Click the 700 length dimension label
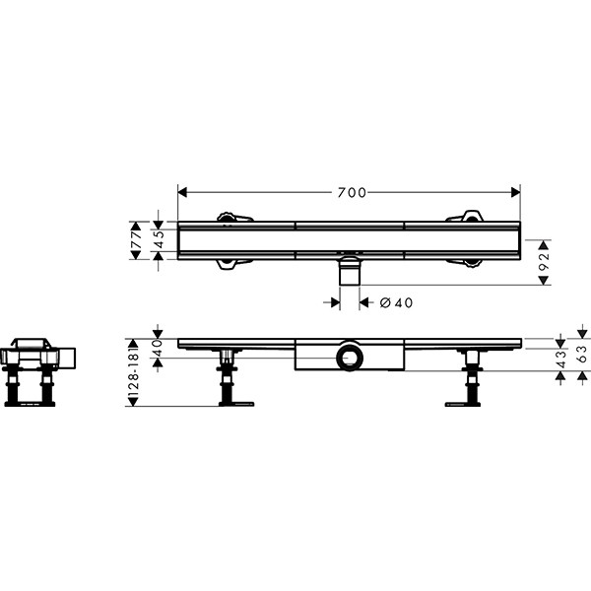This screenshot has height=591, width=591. tap(352, 193)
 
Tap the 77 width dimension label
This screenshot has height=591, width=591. tap(136, 240)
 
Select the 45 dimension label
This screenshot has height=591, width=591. tap(160, 239)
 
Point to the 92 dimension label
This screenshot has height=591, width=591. tap(544, 262)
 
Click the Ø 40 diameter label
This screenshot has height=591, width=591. tap(396, 302)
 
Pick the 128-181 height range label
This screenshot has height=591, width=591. tap(134, 371)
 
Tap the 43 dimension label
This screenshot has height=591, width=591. tap(561, 360)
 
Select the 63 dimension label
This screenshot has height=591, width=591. tap(583, 355)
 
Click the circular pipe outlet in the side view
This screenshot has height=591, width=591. tap(350, 357)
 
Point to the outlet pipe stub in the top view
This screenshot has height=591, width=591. tap(350, 271)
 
